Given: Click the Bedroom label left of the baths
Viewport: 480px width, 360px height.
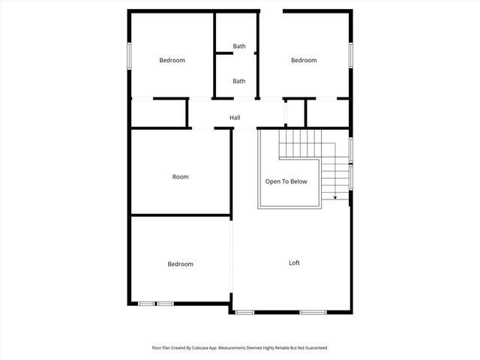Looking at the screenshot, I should (x=172, y=61).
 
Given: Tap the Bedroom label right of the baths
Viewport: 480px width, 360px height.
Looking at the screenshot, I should (x=304, y=61).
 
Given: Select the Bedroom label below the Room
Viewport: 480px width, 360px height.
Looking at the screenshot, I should (x=180, y=264).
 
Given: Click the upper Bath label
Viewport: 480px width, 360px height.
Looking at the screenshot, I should (x=238, y=46).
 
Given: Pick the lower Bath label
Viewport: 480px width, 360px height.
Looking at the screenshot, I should (x=238, y=81).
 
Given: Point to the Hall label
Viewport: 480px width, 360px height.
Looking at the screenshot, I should (x=235, y=118).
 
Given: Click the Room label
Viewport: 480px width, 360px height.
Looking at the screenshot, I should (x=180, y=177).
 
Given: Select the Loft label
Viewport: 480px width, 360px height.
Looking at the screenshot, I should (x=295, y=262).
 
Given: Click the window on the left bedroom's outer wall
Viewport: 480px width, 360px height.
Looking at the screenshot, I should (x=129, y=56).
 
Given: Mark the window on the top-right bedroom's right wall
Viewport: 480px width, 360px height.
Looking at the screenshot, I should (x=351, y=56).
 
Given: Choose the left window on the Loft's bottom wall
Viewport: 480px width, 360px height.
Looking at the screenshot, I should (x=244, y=312).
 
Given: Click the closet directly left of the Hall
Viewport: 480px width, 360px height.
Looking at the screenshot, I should (x=158, y=112).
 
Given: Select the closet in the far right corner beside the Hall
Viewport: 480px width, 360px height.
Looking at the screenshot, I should (x=328, y=112).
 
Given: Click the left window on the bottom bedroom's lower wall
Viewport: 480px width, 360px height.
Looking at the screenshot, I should (x=146, y=303).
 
